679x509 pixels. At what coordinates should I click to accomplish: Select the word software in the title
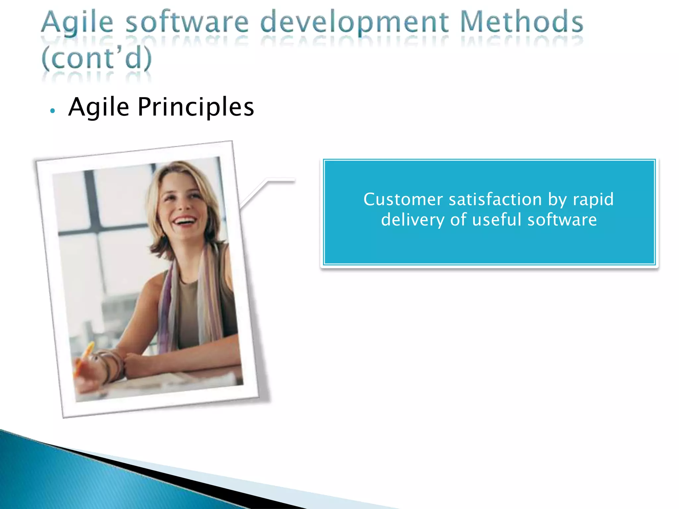[x=187, y=23]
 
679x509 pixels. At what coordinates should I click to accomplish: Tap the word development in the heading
[x=354, y=23]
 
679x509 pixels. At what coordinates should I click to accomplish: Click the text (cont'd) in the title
[x=96, y=58]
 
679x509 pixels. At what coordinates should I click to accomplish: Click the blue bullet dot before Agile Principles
[x=52, y=111]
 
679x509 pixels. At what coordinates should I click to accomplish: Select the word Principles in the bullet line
[x=196, y=107]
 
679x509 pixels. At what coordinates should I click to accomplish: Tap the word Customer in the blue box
[x=403, y=199]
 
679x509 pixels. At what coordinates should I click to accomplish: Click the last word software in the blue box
[x=562, y=220]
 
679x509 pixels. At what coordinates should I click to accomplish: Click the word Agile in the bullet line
[x=98, y=107]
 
